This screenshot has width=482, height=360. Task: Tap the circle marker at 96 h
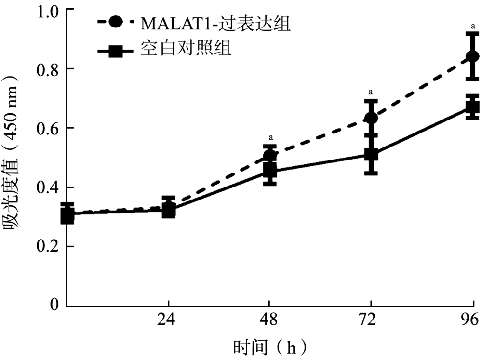coord(473,57)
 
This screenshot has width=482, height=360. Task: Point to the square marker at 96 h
coord(473,107)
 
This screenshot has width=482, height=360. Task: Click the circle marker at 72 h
coord(371,118)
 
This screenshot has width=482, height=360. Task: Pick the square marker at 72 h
coord(371,154)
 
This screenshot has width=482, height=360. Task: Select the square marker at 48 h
coord(270,171)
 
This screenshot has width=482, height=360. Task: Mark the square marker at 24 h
coord(168,210)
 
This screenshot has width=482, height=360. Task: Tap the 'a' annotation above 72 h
coord(371,92)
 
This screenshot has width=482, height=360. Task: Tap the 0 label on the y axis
coord(54,306)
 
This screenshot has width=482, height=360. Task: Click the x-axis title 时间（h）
coord(270,347)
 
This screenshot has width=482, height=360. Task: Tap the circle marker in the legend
coord(116,23)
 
